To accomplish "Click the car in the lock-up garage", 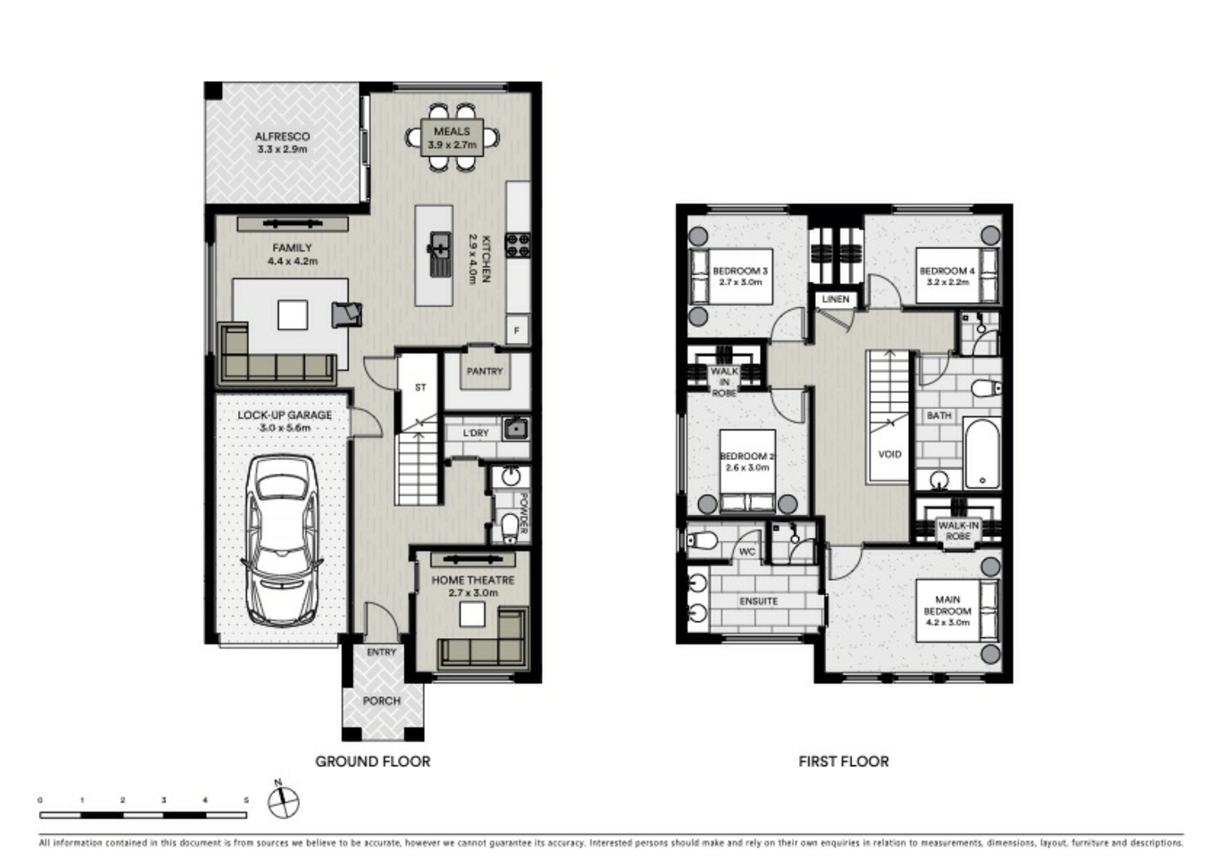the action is click(281, 540).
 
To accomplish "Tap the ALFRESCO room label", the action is click(282, 136).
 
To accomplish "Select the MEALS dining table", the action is click(452, 138).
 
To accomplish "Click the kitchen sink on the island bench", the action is click(441, 254).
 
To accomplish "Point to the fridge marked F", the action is click(517, 330).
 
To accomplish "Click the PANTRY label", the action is click(484, 371).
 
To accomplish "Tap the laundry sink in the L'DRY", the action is click(515, 429).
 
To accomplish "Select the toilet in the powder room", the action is click(510, 528).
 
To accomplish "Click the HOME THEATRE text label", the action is click(473, 580).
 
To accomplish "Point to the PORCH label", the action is click(382, 701).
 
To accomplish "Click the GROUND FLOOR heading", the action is click(373, 761).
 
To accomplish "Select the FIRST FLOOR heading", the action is click(843, 761).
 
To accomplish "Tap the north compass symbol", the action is click(283, 801).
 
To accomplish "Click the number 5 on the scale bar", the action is click(246, 800).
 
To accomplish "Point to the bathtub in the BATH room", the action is click(982, 453).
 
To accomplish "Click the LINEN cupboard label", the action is click(836, 299).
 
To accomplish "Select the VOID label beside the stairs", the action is click(890, 454).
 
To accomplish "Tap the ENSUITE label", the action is click(759, 601).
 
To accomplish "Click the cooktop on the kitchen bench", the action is click(518, 245).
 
